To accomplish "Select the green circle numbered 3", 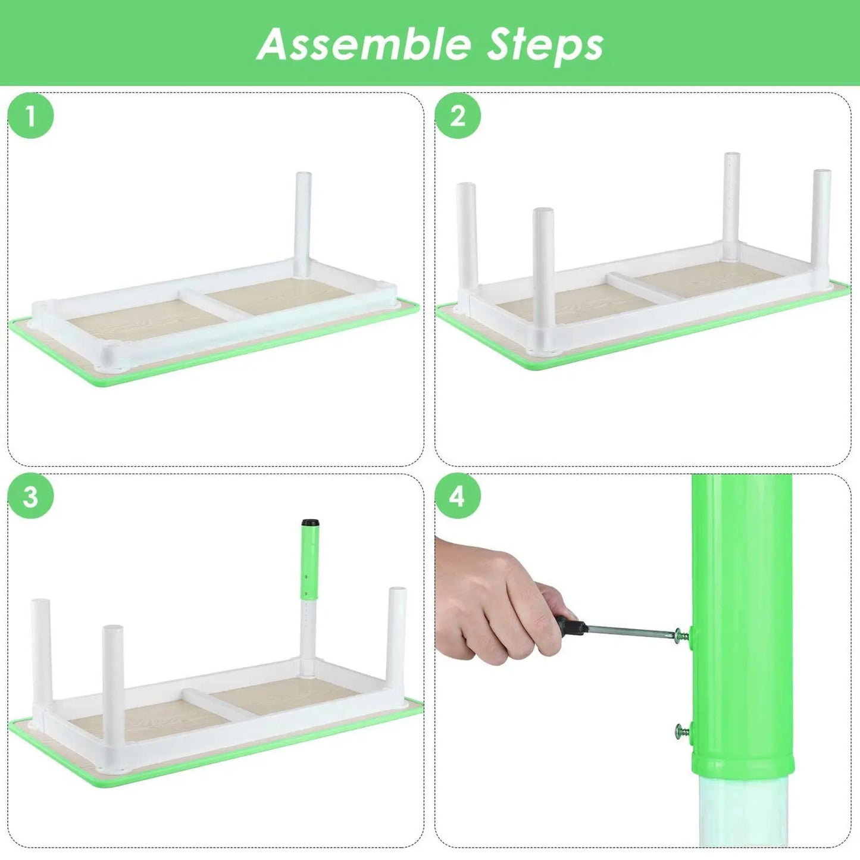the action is [30, 498].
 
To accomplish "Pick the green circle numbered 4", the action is [458, 498].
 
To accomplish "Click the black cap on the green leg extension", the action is [310, 523].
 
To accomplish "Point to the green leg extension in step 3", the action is [310, 563].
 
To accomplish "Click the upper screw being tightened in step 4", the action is [683, 634].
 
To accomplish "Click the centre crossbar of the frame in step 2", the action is [645, 286].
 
